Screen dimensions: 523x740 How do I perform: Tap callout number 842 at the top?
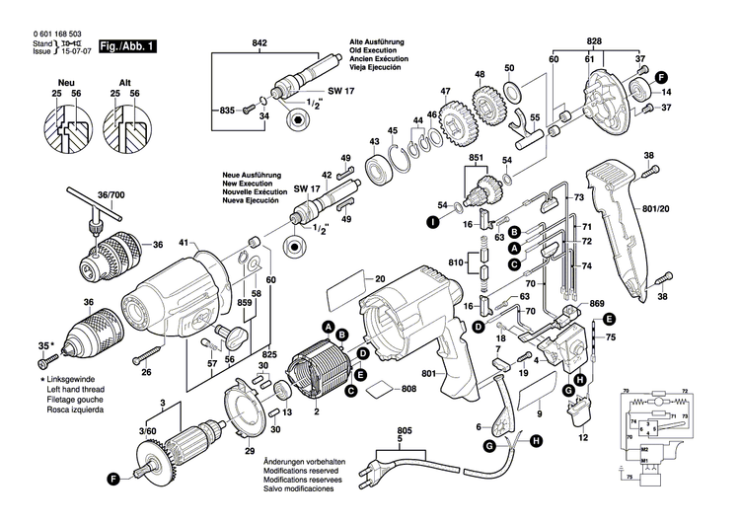pyautogui.click(x=259, y=44)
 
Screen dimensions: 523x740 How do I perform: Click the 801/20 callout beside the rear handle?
pyautogui.click(x=683, y=208)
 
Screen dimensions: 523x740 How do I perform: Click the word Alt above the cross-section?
pyautogui.click(x=125, y=78)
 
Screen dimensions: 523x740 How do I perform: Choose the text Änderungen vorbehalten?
pyautogui.click(x=304, y=463)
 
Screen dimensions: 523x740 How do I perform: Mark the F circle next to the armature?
pyautogui.click(x=114, y=479)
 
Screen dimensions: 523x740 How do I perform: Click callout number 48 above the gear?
pyautogui.click(x=480, y=75)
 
